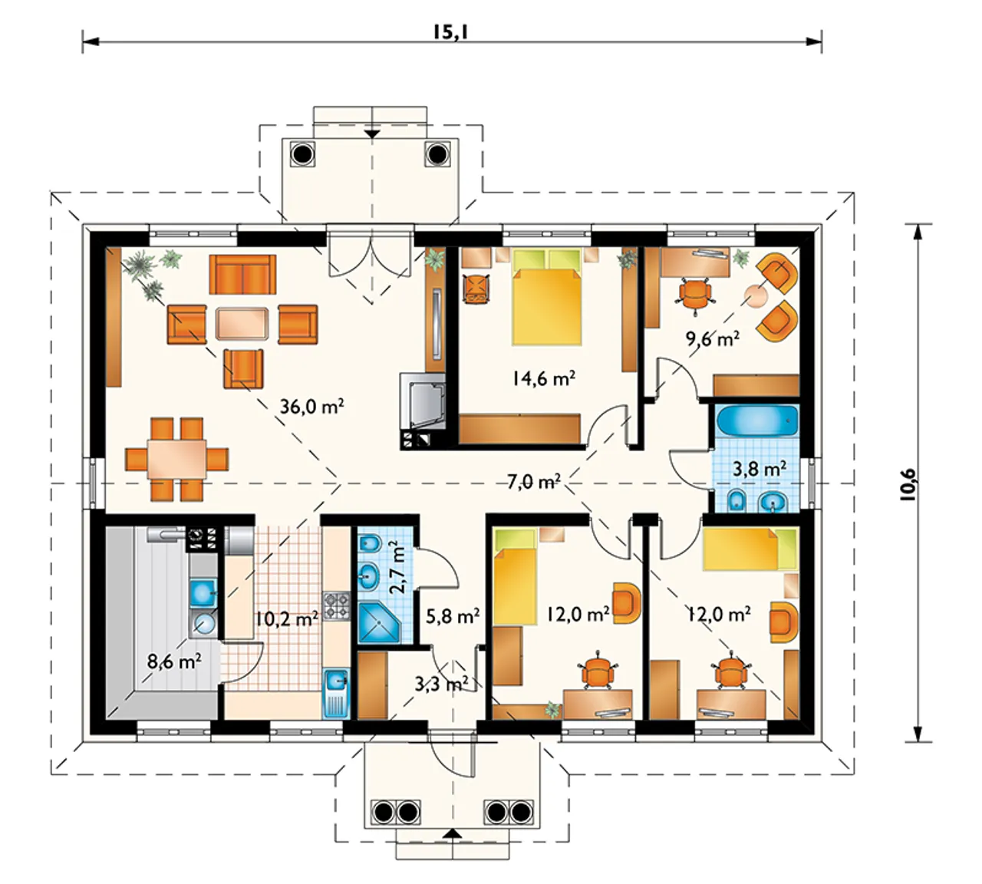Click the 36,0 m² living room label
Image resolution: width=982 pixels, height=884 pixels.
click(311, 407)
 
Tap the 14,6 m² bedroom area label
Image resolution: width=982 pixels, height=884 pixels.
click(544, 378)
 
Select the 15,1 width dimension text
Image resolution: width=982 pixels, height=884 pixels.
click(450, 32)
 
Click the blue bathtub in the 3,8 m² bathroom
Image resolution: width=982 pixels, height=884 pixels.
click(757, 421)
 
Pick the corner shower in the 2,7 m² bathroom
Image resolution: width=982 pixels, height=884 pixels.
click(380, 622)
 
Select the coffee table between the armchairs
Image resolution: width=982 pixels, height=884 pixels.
click(242, 324)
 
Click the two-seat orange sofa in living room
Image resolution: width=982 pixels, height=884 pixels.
click(242, 274)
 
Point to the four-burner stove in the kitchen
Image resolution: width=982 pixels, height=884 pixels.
click(336, 607)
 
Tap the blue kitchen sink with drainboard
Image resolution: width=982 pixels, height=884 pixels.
click(336, 694)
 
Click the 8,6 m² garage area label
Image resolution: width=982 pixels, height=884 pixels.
click(174, 662)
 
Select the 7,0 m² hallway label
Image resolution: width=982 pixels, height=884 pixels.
click(534, 482)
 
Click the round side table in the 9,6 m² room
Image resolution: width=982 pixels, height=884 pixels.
click(756, 295)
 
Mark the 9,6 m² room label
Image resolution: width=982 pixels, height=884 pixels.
click(712, 338)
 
